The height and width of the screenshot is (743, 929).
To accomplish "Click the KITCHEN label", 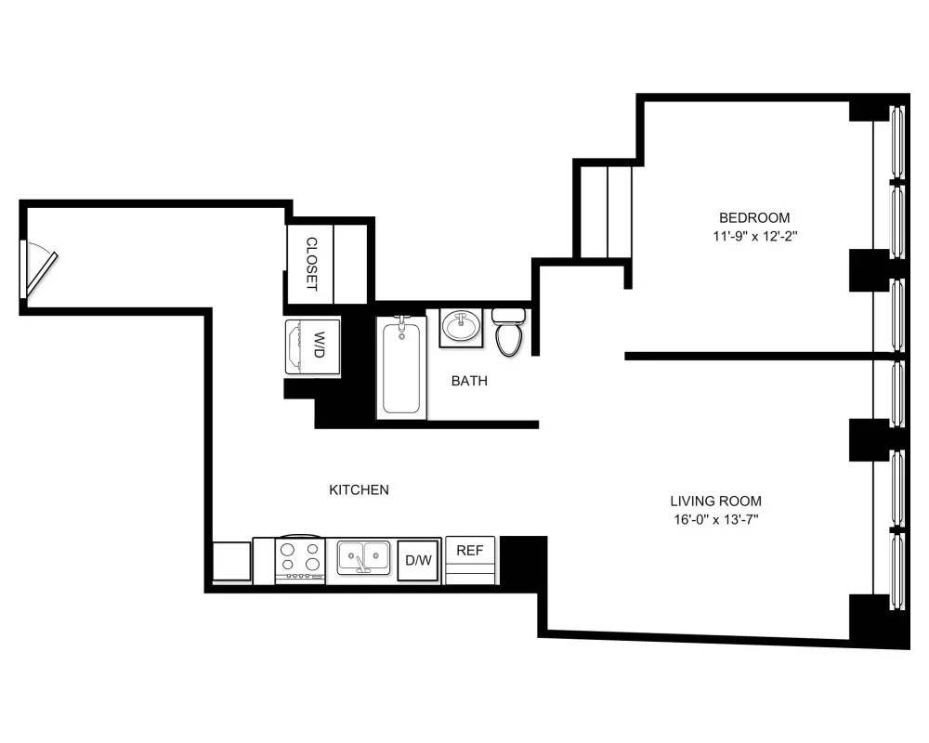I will click(359, 489).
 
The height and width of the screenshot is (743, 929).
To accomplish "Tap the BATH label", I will click(469, 381).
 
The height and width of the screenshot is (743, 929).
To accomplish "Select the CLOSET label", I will click(311, 264).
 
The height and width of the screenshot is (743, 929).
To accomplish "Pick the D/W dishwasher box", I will click(418, 560).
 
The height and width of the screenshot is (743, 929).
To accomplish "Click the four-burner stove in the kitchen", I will click(300, 559).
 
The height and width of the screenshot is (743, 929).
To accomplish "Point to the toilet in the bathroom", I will click(509, 333).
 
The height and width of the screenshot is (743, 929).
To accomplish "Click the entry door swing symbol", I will click(39, 268).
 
